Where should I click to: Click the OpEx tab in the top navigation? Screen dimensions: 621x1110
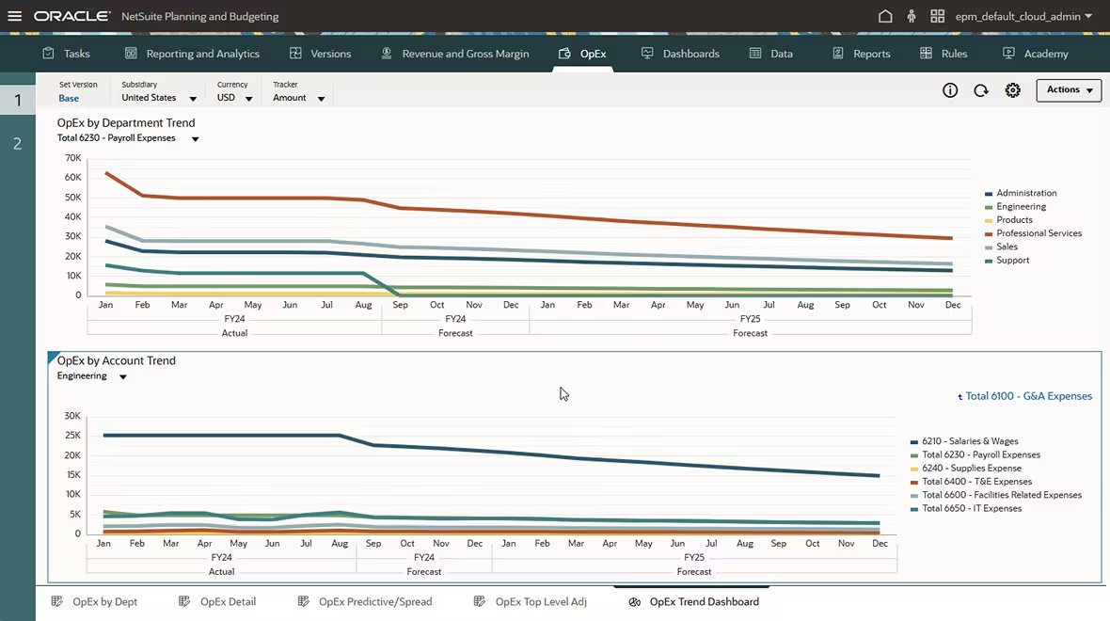click(x=582, y=54)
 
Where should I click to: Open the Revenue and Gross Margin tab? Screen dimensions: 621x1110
click(x=455, y=54)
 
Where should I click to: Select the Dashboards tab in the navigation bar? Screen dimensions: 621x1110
click(x=680, y=54)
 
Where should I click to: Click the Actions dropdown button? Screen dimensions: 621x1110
click(x=1069, y=90)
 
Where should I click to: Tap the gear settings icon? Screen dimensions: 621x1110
click(x=1012, y=90)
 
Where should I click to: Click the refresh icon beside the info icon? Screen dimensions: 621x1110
click(x=981, y=90)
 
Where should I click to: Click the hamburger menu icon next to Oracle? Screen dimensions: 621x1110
click(x=14, y=16)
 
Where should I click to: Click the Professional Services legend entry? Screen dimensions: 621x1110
click(x=1039, y=233)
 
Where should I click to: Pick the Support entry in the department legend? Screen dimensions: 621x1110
click(x=1012, y=261)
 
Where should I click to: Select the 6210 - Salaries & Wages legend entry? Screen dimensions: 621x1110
click(x=970, y=441)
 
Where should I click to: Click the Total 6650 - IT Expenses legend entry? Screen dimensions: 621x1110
click(x=971, y=509)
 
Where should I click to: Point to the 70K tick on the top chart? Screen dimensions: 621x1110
click(x=72, y=157)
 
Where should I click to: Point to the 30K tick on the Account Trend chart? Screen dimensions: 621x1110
click(x=72, y=416)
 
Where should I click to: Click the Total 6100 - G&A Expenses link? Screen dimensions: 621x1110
click(x=1027, y=396)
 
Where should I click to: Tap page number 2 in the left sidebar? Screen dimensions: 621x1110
click(x=17, y=144)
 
